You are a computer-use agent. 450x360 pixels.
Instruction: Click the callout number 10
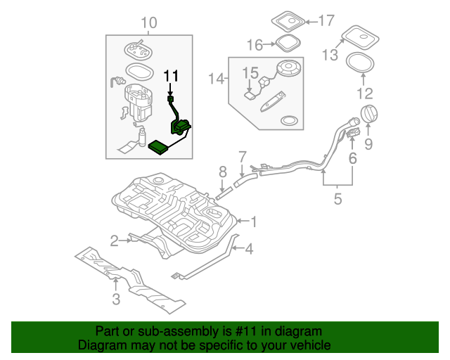coord(148,24)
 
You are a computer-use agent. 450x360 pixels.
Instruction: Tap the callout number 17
coord(327,20)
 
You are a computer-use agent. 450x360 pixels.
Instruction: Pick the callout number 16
coord(255,45)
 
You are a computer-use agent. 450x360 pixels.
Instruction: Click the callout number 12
coord(365,93)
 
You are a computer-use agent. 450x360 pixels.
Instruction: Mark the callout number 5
coord(337,199)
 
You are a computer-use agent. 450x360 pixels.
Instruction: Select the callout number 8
coord(222,172)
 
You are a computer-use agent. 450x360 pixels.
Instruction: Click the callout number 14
coord(215,79)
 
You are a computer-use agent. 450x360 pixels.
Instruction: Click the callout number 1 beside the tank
coord(254,222)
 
